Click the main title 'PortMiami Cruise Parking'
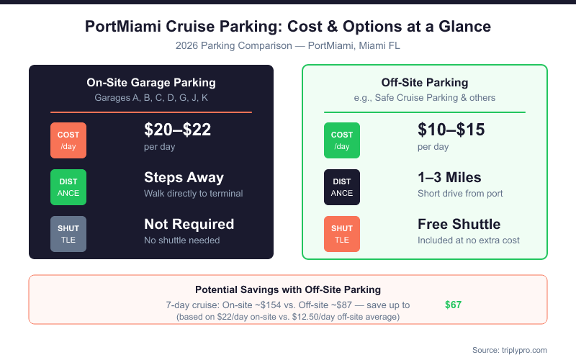288,27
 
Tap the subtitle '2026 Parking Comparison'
288,45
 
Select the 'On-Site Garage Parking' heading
151,83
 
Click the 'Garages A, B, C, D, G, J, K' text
151,97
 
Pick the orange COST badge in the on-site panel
68,140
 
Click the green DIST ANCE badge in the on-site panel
68,187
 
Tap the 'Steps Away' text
184,178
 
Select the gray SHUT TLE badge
68,234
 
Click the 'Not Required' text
189,225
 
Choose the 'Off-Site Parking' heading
425,83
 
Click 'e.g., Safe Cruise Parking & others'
425,97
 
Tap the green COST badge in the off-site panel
342,140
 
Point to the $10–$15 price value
451,130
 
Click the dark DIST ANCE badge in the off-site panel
342,187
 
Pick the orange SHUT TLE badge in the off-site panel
342,234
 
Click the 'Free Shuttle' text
459,225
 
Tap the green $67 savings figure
453,305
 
